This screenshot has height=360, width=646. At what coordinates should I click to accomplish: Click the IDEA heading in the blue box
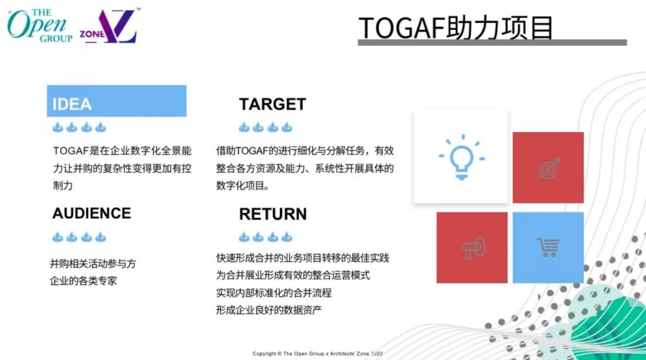(72, 104)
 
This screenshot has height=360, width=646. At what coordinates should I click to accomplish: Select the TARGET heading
(272, 104)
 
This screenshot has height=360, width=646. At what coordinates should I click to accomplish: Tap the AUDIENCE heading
(92, 213)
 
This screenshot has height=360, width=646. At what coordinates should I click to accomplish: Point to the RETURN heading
(273, 214)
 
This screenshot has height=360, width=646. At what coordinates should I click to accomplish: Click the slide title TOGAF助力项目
(456, 28)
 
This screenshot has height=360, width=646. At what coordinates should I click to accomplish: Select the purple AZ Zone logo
(109, 26)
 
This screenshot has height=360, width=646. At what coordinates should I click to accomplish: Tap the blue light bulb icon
(462, 157)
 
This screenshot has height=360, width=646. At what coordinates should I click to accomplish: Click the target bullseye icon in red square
(550, 167)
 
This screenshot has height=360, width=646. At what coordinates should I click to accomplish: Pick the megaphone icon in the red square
(473, 248)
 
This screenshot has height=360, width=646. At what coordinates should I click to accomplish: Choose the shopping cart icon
(548, 248)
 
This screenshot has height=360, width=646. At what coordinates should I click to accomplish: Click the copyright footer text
(318, 353)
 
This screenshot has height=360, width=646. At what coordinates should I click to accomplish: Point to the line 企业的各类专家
(83, 281)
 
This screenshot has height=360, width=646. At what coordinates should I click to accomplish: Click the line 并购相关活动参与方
(93, 264)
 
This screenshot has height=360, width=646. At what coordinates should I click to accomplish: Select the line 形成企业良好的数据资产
(269, 310)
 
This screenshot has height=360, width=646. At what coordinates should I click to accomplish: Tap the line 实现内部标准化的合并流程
(273, 292)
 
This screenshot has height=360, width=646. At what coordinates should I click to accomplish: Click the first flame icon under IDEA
(57, 127)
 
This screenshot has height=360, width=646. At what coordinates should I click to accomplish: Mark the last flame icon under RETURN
(287, 237)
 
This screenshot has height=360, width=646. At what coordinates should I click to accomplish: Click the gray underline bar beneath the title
(492, 42)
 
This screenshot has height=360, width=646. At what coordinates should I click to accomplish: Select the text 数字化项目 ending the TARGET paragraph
(240, 186)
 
